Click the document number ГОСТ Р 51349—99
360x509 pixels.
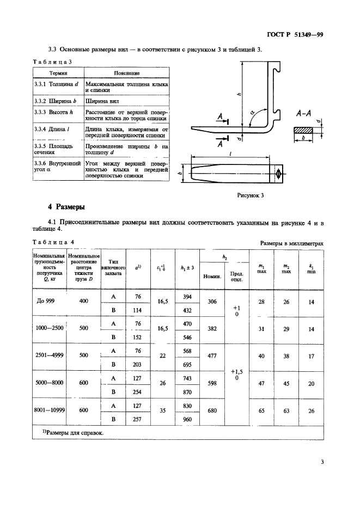(297, 34)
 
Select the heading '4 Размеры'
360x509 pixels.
(70, 207)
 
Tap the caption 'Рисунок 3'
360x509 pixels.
(250, 195)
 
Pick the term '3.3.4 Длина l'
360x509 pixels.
(53, 129)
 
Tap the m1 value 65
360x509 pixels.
(261, 412)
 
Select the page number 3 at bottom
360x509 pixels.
(322, 463)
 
